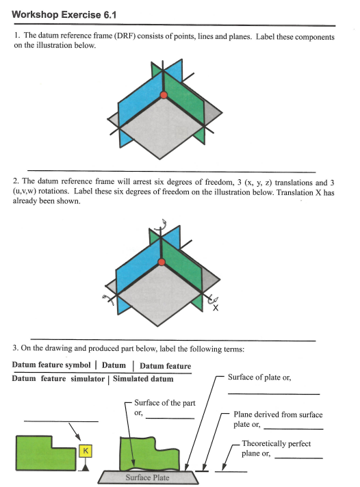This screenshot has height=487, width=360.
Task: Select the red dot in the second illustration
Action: [x=162, y=261]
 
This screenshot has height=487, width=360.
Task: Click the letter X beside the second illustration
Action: [x=216, y=308]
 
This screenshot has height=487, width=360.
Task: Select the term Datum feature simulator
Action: [x=59, y=378]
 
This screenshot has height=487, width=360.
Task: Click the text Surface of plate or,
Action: [x=259, y=377]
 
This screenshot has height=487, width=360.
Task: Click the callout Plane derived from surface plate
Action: [x=278, y=419]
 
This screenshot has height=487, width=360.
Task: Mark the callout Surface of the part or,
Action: [x=165, y=407]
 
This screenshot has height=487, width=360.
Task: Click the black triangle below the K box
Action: [x=86, y=466]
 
